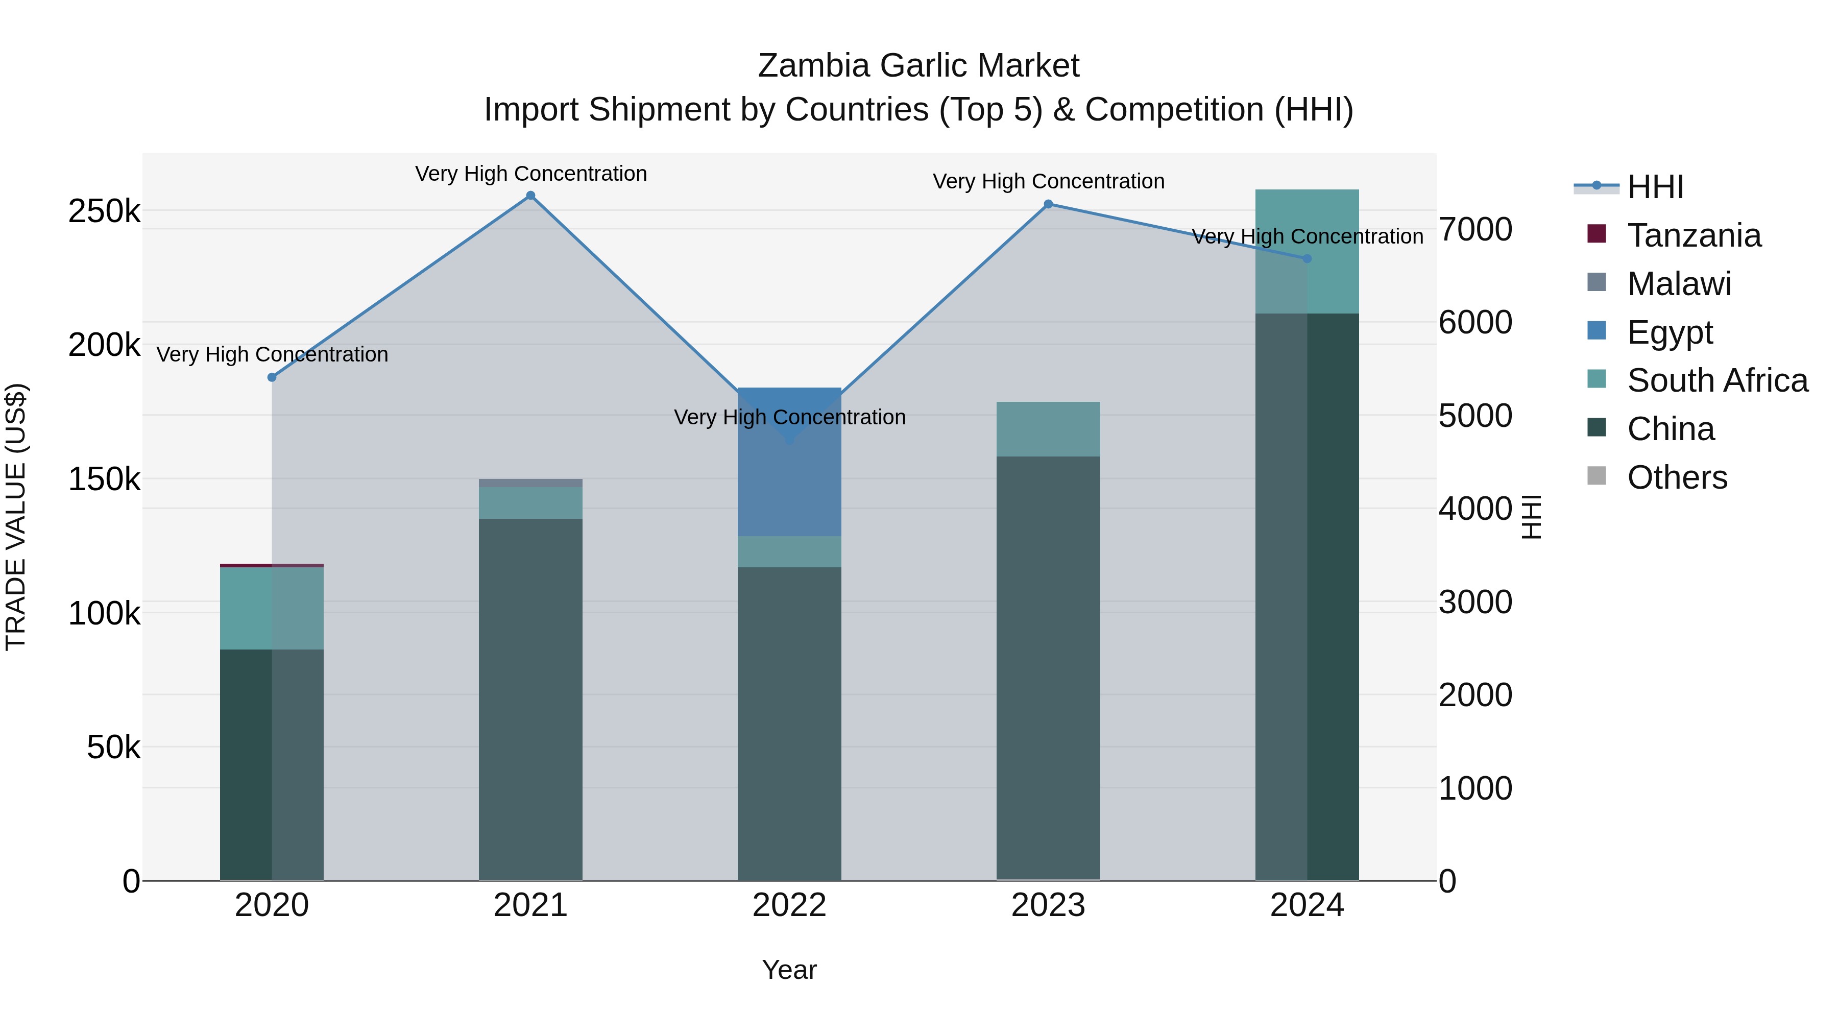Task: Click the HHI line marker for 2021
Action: pos(530,196)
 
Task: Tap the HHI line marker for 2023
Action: pos(1048,204)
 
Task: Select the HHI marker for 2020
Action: pos(272,377)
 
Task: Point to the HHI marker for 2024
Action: pos(1307,258)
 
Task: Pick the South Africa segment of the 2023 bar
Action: pos(1048,429)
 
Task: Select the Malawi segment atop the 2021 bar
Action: pos(530,483)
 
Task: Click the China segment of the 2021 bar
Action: pos(530,700)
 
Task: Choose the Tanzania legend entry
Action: pos(1694,235)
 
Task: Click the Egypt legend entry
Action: pos(1670,332)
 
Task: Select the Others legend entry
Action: pos(1677,477)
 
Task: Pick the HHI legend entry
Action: pos(1655,187)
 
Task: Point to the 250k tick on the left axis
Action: pos(104,211)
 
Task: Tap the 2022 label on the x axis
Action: pos(789,905)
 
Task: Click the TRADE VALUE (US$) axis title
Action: pos(16,517)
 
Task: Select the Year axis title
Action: pos(789,970)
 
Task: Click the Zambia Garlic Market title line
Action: pos(918,66)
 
